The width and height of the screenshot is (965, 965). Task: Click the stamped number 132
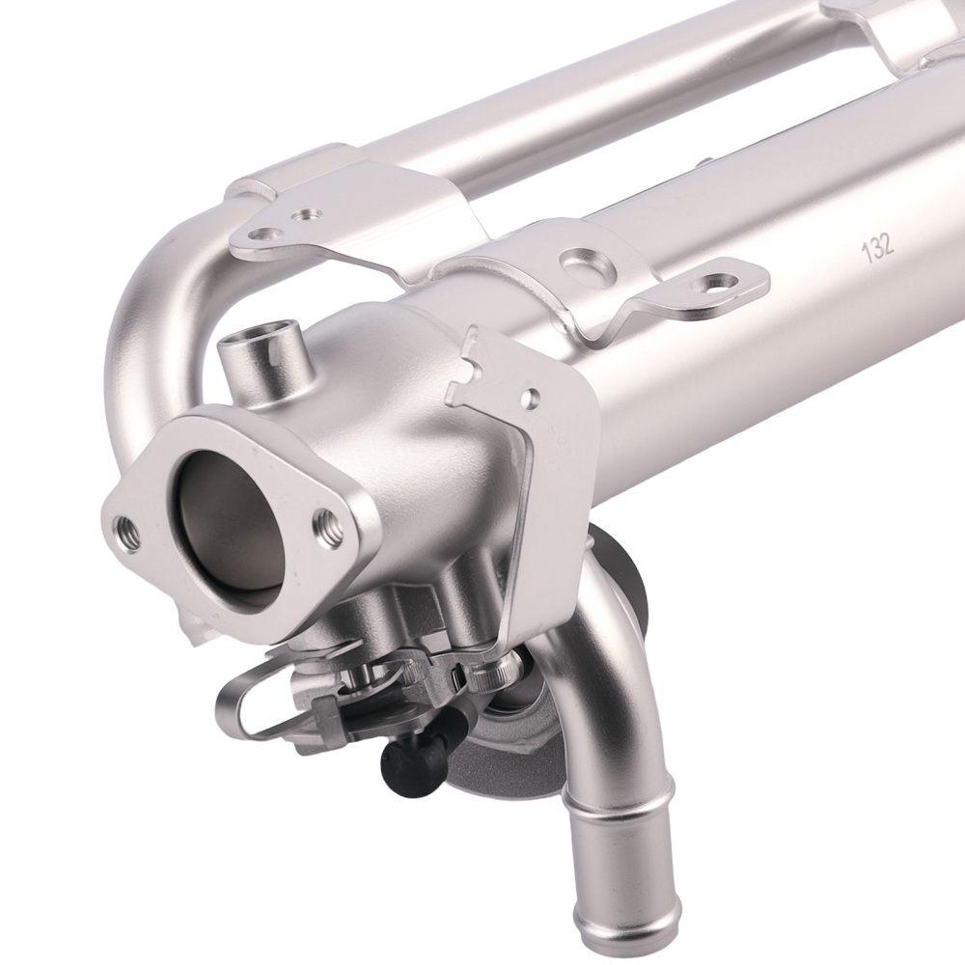879,246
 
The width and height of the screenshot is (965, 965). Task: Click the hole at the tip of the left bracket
258,234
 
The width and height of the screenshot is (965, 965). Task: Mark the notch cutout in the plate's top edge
484,364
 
